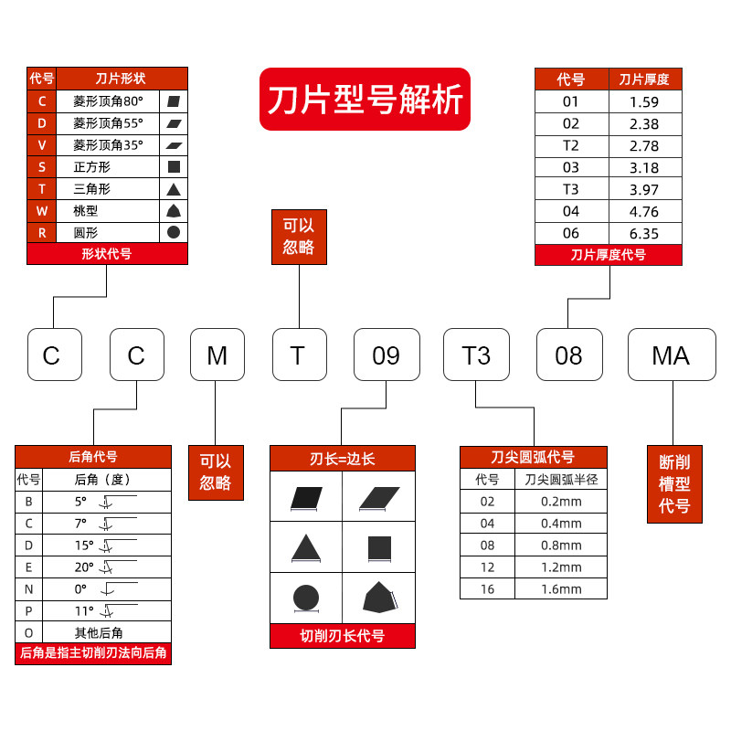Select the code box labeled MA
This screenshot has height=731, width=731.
click(671, 355)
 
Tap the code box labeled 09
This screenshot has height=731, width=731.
click(387, 355)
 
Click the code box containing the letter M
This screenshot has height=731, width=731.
click(217, 355)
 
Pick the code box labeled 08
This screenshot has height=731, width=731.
click(568, 355)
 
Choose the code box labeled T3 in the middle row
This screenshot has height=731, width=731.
click(476, 355)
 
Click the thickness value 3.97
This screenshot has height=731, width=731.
click(645, 189)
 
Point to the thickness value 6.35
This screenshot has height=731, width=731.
click(645, 233)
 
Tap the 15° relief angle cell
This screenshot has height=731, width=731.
click(84, 546)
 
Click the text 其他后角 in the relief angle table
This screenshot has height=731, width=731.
click(98, 632)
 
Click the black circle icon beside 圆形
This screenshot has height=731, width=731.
click(174, 232)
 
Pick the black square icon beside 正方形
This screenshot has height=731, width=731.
click(174, 166)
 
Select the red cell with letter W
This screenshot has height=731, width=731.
click(42, 210)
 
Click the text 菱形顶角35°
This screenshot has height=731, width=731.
click(108, 144)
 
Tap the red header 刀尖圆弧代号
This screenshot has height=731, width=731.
click(533, 457)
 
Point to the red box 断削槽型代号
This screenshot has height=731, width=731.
click(674, 483)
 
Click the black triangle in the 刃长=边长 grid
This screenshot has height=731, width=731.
click(305, 548)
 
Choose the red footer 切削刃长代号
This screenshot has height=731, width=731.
click(343, 636)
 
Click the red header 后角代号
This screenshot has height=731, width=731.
click(93, 456)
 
